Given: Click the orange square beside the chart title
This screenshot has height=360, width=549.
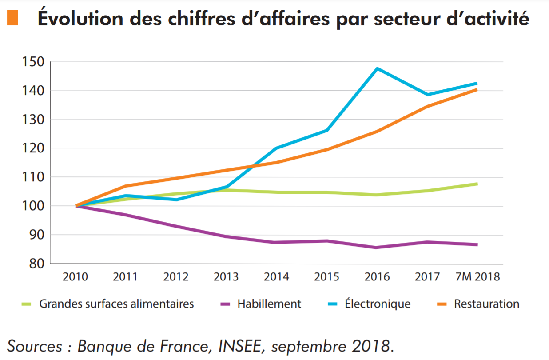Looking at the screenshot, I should tap(12, 18).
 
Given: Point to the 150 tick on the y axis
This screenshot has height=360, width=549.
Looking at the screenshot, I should tap(32, 61).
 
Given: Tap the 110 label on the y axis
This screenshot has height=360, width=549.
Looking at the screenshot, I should tap(32, 177).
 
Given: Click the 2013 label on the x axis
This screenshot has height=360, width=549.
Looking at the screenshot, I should tap(226, 277).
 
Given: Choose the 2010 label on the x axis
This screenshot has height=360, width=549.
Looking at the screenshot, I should tap(75, 277).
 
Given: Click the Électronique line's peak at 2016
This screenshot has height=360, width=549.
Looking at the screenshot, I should tap(377, 68).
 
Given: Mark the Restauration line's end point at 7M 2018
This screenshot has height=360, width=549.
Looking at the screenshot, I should tap(477, 90).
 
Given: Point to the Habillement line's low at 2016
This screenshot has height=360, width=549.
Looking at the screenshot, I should tap(377, 248).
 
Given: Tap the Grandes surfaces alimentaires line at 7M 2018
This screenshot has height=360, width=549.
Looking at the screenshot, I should tap(477, 184).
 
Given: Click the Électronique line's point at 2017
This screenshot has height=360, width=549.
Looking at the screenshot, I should tap(427, 95).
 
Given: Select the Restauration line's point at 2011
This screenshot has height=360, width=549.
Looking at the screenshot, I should tap(126, 186).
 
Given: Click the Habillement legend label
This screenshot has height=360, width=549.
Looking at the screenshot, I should tap(269, 304).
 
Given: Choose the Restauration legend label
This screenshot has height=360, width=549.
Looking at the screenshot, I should tap(486, 304).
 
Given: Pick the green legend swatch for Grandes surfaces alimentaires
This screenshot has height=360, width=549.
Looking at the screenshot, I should tap(28, 304).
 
